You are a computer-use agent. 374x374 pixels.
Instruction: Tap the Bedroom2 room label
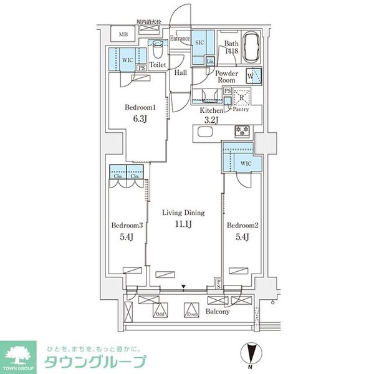tap(239, 225)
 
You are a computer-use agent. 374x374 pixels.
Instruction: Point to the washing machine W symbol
tap(252, 75)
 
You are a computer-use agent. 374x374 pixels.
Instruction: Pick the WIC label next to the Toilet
tap(127, 60)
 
